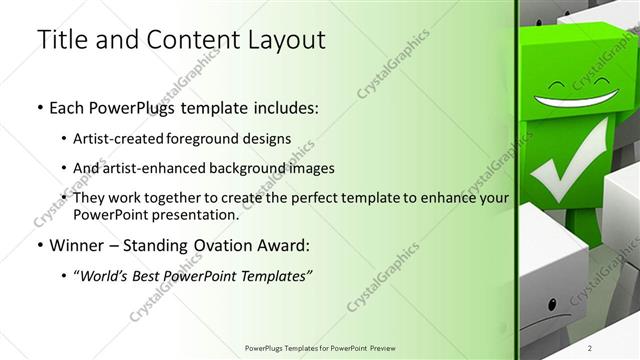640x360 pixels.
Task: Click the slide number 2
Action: tap(617, 347)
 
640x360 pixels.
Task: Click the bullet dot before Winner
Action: tap(39, 246)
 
